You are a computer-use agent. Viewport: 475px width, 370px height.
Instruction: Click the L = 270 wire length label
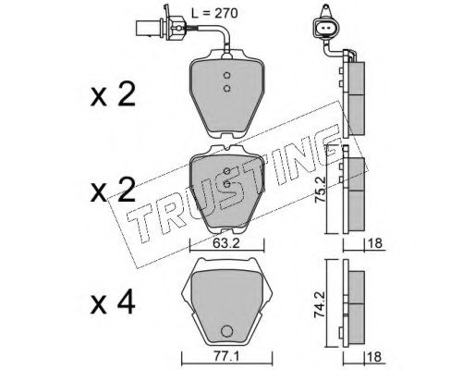click(214, 13)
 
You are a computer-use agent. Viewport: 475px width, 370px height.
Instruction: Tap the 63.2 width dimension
click(226, 243)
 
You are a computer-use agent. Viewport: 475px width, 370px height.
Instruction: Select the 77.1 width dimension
click(225, 357)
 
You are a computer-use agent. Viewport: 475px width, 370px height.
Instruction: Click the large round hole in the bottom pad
click(226, 331)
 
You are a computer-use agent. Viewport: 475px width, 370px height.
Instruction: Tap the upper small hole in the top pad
click(226, 75)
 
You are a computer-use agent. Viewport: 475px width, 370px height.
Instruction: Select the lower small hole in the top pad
click(226, 89)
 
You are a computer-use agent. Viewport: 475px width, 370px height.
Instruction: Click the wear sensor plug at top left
click(161, 27)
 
